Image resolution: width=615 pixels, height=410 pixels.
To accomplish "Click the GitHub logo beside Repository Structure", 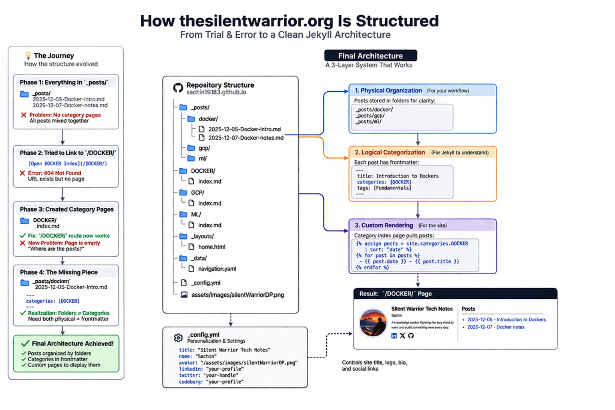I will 178,88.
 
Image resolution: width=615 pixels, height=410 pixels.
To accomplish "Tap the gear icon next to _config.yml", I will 178,338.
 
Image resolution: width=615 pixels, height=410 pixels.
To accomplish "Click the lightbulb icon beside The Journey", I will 28,56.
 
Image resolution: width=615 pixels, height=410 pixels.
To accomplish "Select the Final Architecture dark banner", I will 370,56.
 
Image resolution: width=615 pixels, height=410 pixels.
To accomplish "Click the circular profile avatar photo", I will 373,322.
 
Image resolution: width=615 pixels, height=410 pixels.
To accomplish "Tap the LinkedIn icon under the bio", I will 394,336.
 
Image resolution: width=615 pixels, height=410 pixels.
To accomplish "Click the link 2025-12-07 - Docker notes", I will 496,327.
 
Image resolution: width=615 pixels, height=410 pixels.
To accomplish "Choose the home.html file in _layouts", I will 211,247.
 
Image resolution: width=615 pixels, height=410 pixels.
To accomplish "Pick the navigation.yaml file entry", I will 217,269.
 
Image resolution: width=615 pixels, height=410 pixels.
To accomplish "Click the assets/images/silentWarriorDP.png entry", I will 237,295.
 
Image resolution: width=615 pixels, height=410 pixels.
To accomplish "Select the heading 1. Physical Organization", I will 388,90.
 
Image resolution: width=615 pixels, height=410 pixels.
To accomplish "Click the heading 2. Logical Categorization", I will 390,153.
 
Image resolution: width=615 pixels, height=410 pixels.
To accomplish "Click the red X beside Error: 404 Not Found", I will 22,173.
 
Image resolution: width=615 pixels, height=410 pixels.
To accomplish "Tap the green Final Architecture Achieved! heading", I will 72,344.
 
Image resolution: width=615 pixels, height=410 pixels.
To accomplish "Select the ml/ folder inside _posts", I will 203,159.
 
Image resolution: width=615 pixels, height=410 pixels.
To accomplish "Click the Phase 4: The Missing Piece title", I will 59,272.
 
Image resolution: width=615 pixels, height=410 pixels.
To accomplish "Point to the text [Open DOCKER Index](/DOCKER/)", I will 68,163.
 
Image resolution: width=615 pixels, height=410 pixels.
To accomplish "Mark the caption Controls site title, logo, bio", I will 374,362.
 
